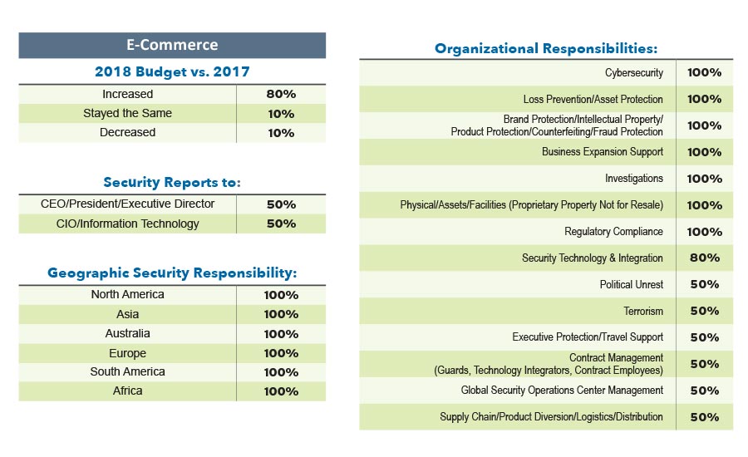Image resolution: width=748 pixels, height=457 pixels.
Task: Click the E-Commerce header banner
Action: (172, 45)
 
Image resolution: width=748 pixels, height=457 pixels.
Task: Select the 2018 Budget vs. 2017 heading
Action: (172, 71)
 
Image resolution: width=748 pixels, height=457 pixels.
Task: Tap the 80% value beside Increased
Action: (281, 94)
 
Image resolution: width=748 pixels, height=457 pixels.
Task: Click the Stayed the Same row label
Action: (127, 113)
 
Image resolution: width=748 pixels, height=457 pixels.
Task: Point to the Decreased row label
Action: (127, 132)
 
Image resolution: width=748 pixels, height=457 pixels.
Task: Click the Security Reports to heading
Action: (172, 182)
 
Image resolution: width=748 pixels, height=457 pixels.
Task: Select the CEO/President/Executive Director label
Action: (127, 204)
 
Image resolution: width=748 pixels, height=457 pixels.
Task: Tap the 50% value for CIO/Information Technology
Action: (281, 224)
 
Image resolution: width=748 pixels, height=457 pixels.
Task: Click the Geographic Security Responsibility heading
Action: (172, 273)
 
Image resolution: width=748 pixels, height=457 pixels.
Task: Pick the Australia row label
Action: (127, 333)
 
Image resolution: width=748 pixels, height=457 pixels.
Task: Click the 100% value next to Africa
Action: (281, 391)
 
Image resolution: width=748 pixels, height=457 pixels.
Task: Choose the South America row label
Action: (127, 371)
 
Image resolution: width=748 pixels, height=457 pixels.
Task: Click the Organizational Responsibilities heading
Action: (546, 48)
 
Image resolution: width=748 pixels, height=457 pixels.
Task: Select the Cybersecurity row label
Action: (633, 72)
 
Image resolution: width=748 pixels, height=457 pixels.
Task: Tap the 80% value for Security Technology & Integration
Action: (704, 258)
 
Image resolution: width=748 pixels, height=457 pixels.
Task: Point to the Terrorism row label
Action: (643, 311)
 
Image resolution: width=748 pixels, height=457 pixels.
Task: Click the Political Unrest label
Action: (631, 284)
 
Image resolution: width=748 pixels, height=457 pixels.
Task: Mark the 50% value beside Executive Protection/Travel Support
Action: (704, 337)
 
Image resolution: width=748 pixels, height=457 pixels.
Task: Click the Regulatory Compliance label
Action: (613, 231)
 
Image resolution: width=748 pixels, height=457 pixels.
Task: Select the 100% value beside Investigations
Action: (704, 179)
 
